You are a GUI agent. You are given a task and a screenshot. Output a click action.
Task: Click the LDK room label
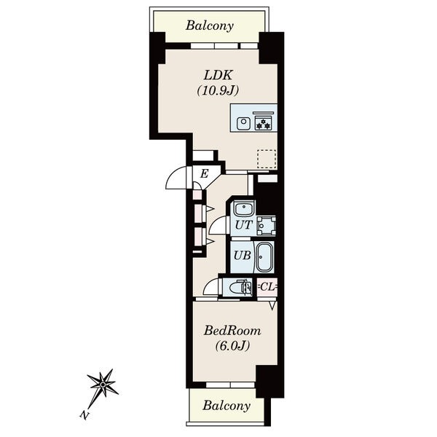[218, 75]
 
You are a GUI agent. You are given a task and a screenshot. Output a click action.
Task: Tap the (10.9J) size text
[218, 90]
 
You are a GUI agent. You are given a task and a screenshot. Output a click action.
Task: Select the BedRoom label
[232, 331]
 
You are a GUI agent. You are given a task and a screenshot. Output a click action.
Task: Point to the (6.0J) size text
[232, 345]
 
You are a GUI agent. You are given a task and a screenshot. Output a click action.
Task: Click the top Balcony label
[210, 25]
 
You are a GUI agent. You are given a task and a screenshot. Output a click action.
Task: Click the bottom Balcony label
[227, 406]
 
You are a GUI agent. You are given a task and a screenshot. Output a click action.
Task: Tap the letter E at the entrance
[204, 173]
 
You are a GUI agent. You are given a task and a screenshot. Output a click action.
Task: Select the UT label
[244, 225]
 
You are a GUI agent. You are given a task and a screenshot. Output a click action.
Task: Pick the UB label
[243, 256]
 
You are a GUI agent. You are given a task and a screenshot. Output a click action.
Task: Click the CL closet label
[267, 287]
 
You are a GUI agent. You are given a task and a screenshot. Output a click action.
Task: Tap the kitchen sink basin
[243, 123]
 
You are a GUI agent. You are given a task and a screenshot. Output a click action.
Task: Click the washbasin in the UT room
[244, 208]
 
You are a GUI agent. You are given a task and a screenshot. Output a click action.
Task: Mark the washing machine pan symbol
[266, 226]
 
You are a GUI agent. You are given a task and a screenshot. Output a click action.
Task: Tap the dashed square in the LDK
[267, 159]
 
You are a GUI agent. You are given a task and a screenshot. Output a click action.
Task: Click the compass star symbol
[103, 385]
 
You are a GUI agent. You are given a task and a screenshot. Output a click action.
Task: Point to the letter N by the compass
[84, 415]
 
